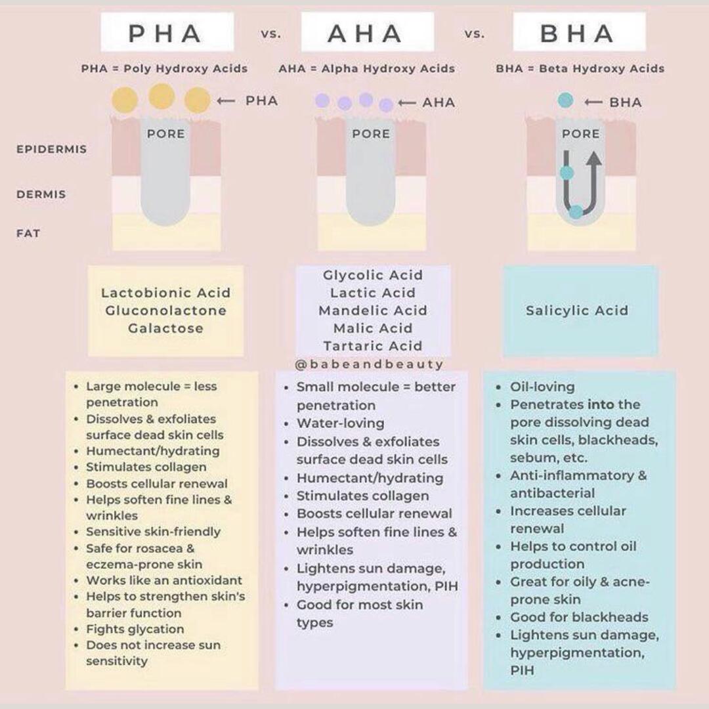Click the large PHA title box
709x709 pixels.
click(x=167, y=32)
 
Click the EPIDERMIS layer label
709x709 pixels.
click(x=51, y=149)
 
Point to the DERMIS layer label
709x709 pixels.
click(x=41, y=194)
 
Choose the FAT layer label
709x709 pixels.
click(x=28, y=233)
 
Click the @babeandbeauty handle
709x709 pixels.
click(x=370, y=364)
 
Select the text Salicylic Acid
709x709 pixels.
click(x=577, y=311)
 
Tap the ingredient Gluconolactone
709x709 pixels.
click(x=165, y=311)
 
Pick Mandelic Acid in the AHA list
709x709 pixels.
click(x=372, y=311)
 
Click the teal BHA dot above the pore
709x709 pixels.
click(x=565, y=100)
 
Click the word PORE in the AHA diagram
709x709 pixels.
click(x=371, y=134)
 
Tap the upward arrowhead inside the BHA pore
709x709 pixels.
click(x=593, y=160)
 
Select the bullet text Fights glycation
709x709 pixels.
click(x=135, y=629)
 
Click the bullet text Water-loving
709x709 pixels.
click(x=340, y=423)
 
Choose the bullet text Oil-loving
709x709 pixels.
click(x=542, y=387)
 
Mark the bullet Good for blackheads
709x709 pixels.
click(x=579, y=617)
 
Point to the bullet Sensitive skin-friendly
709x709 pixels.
click(x=153, y=532)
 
